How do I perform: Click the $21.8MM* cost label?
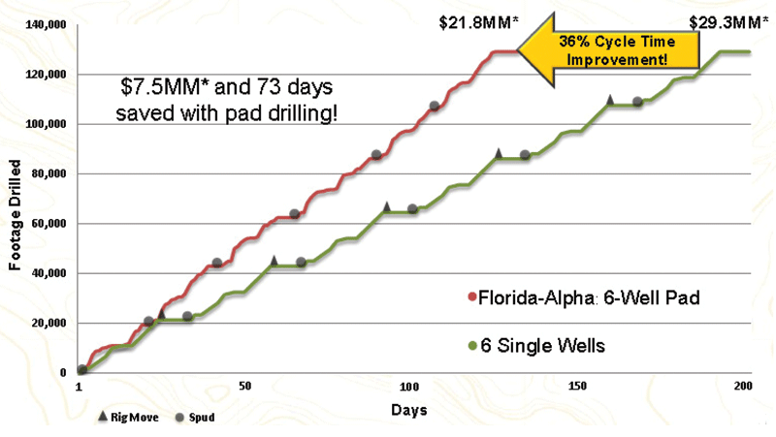click(477, 18)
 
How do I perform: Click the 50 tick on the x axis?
click(244, 386)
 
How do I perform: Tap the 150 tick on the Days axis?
click(577, 386)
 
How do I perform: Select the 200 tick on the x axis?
click(744, 386)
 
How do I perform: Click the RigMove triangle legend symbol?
click(104, 418)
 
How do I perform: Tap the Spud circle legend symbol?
click(180, 418)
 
